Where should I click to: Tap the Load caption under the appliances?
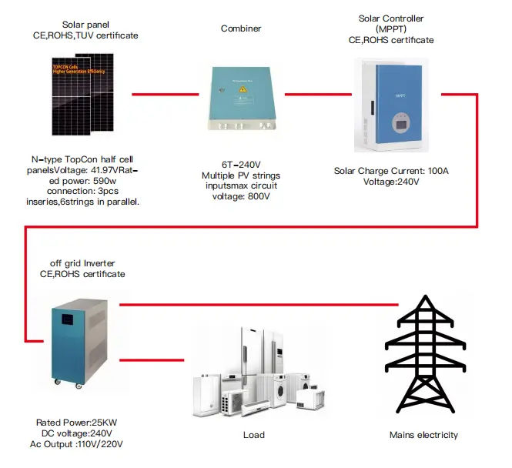pyautogui.click(x=254, y=435)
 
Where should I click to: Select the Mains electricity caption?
pyautogui.click(x=423, y=435)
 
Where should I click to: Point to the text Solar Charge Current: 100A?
pyautogui.click(x=391, y=170)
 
